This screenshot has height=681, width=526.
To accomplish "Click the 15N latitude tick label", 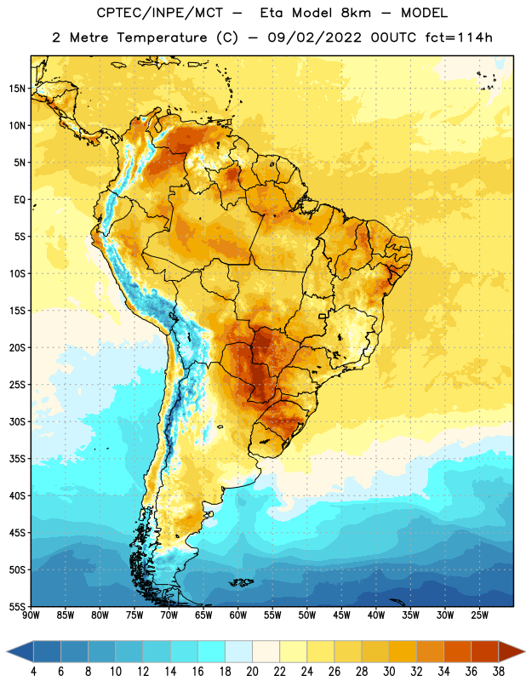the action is (x=17, y=89).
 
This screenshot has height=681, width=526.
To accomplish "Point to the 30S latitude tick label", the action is (x=17, y=421).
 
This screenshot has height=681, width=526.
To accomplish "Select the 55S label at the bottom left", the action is (x=17, y=606).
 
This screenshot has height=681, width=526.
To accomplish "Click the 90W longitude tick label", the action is (x=31, y=615).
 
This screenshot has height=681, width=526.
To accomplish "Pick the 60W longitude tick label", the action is (x=238, y=615).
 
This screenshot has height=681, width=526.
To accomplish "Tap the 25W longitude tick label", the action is (x=479, y=615).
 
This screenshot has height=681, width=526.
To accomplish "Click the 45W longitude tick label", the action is (x=342, y=615).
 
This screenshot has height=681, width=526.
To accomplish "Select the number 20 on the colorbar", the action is (x=252, y=672).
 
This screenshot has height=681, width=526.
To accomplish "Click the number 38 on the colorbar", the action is (x=498, y=672).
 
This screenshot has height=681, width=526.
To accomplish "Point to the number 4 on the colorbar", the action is (x=34, y=672).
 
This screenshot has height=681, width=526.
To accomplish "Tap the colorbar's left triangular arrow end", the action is (x=20, y=651).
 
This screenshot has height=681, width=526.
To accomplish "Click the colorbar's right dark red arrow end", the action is (x=512, y=651).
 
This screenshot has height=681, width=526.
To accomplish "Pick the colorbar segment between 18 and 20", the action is (x=239, y=651).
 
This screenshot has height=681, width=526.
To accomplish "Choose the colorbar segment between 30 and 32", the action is (x=403, y=651).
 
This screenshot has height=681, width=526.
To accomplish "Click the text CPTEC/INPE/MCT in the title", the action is (x=160, y=13).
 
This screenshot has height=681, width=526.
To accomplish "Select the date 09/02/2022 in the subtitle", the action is (x=314, y=37).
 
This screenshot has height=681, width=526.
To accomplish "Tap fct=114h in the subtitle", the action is (x=459, y=37).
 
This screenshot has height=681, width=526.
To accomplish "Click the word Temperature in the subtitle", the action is (x=162, y=37).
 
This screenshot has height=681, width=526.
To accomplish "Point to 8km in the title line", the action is (x=356, y=13).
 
